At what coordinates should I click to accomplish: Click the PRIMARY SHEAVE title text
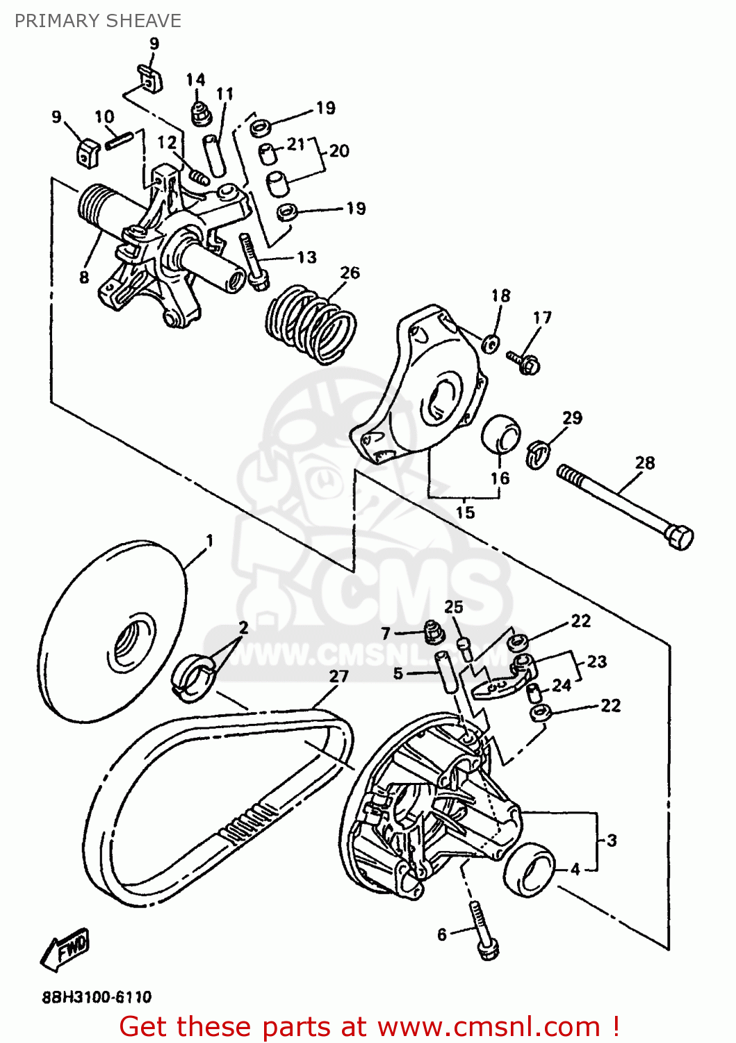(97, 21)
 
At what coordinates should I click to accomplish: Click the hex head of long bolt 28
(679, 537)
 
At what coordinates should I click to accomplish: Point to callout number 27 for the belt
(338, 676)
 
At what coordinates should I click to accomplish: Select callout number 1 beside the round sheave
(209, 540)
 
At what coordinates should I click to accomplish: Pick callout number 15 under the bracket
(465, 512)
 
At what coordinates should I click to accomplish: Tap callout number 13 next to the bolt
(306, 257)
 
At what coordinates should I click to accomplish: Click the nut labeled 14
(201, 113)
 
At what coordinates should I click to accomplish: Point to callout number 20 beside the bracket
(339, 151)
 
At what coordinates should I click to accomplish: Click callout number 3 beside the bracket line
(612, 840)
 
